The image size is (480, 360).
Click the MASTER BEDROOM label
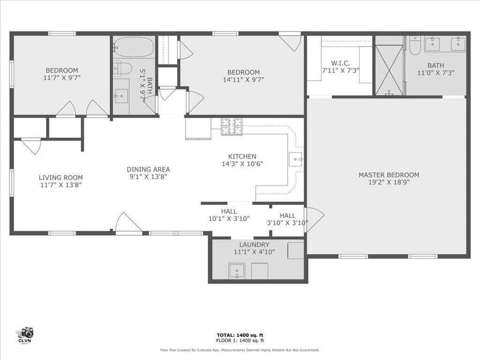coord(389,175)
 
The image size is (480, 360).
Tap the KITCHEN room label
coord(242,157)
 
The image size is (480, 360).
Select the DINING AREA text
coord(148,169)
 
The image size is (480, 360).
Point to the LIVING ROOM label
coord(60,178)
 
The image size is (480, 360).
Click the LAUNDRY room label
coord(255,245)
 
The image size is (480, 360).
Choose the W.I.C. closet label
coord(340,63)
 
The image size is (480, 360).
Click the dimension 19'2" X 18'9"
coord(389,182)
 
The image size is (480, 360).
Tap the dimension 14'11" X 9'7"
coord(243,80)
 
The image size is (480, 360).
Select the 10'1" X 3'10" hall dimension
coord(229,218)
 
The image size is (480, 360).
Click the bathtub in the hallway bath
coord(135,47)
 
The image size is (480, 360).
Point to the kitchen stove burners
coord(232,127)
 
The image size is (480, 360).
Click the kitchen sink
coord(296,159)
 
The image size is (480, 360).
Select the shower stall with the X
coord(389,70)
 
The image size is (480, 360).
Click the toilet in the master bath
coord(415,45)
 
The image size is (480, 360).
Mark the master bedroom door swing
coord(315,220)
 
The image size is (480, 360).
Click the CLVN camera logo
coord(25,335)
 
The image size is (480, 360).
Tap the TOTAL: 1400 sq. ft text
coord(240,335)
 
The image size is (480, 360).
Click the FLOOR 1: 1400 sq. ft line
coord(240,340)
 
